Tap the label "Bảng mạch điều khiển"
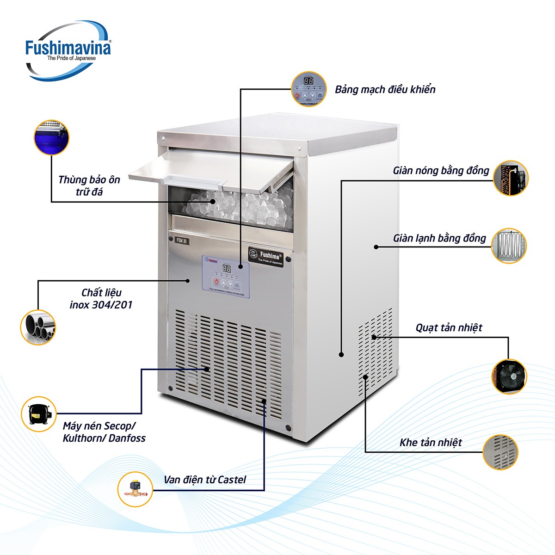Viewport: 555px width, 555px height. (x=385, y=89)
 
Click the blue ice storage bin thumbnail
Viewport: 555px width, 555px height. (x=51, y=137)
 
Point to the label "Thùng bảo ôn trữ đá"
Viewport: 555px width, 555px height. (x=89, y=185)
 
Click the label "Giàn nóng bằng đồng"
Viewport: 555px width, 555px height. (x=441, y=171)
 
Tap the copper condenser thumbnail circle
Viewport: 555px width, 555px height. (x=510, y=178)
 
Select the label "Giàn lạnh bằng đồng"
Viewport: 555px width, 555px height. (x=439, y=238)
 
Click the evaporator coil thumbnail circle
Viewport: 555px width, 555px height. (x=509, y=246)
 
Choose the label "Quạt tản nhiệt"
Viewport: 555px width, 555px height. (x=449, y=328)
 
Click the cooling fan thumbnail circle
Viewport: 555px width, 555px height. (x=509, y=376)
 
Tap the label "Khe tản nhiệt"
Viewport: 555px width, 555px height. (x=431, y=443)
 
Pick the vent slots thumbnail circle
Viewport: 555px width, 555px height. (x=500, y=452)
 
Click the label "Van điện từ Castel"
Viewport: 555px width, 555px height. (x=204, y=480)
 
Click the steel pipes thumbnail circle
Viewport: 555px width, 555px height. (x=38, y=327)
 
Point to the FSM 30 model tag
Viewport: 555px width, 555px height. (x=182, y=240)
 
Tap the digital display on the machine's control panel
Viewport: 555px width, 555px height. (x=227, y=268)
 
